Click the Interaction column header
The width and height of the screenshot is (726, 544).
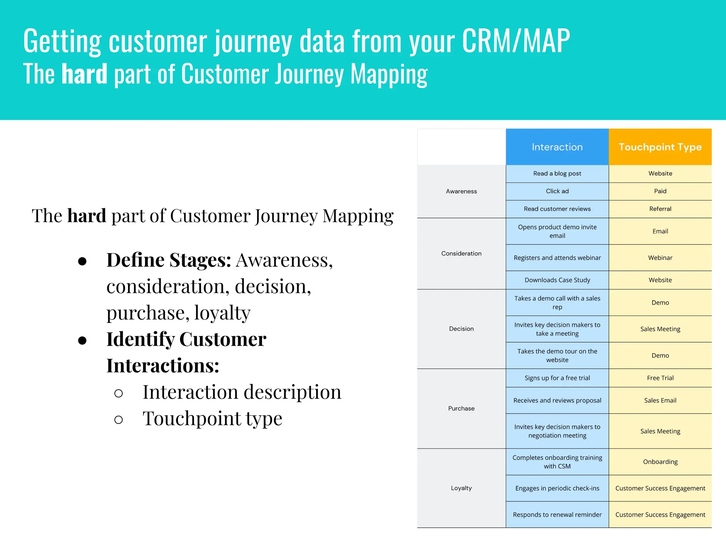(x=557, y=147)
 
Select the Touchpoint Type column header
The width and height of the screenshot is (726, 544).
(x=660, y=147)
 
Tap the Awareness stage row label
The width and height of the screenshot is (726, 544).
(x=461, y=191)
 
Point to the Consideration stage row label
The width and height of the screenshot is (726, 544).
(x=461, y=253)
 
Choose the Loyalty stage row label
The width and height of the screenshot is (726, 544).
(x=461, y=488)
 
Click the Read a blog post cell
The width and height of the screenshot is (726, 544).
(x=557, y=174)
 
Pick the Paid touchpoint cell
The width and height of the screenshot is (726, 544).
(x=660, y=191)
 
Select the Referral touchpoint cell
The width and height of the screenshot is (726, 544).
(x=660, y=209)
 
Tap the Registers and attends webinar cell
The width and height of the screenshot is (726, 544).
(x=557, y=258)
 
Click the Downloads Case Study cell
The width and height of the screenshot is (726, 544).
(x=557, y=280)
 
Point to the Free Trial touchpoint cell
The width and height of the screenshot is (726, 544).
(x=660, y=378)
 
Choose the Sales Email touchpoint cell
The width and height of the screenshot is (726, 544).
(x=660, y=401)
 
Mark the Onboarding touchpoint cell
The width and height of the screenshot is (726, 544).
(x=660, y=462)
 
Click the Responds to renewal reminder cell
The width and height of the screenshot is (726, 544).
(x=557, y=515)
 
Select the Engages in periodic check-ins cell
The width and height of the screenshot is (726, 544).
(x=557, y=488)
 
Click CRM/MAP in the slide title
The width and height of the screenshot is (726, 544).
(x=516, y=41)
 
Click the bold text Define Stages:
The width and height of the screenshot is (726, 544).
(x=169, y=260)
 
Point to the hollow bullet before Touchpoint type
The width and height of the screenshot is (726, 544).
(x=119, y=420)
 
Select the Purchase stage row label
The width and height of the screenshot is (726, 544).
(x=461, y=408)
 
